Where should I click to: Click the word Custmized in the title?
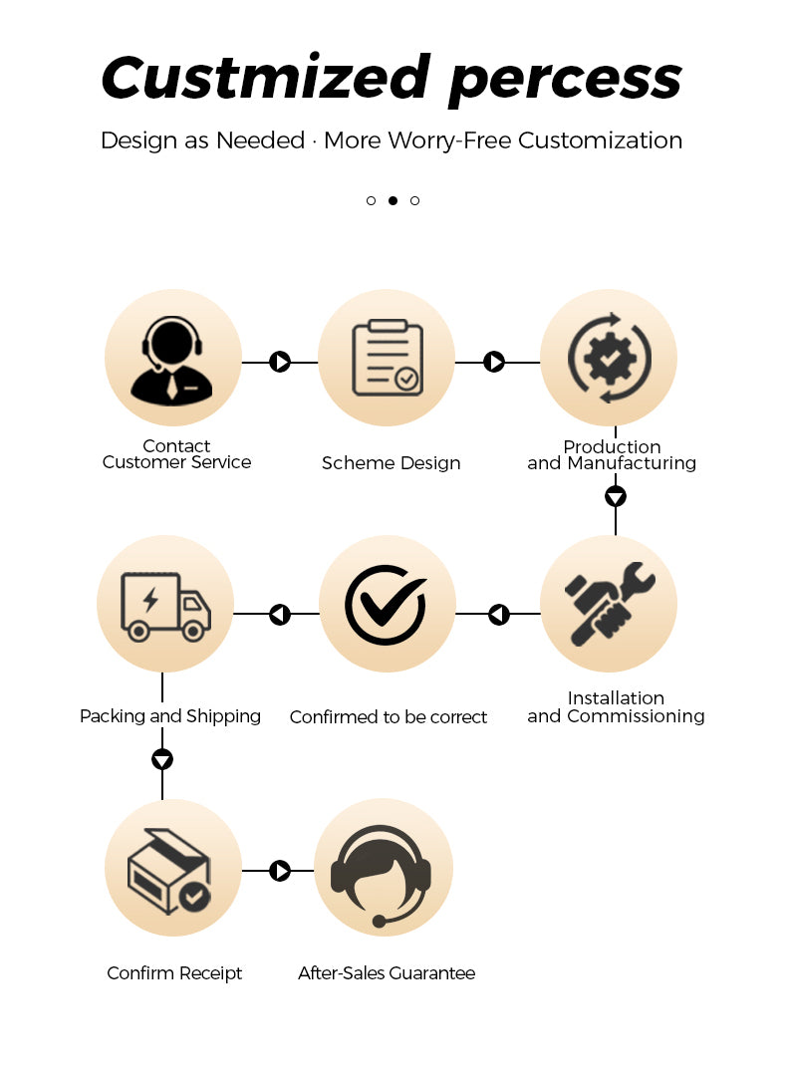tap(266, 77)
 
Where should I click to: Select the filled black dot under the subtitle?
tap(393, 200)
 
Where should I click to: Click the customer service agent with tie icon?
tap(172, 361)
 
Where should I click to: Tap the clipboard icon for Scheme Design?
tap(387, 358)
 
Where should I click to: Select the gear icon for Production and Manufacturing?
tap(609, 358)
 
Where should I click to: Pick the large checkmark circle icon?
tap(386, 605)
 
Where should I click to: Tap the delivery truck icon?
tap(165, 607)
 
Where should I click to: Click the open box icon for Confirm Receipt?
tap(169, 871)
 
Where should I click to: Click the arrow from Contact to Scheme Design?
tap(280, 362)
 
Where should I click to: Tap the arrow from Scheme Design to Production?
tap(494, 362)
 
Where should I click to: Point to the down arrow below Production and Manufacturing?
tap(616, 496)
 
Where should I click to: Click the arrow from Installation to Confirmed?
tap(499, 614)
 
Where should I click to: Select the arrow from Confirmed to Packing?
tap(280, 614)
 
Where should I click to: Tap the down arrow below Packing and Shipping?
tap(162, 760)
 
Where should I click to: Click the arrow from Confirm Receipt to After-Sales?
tap(280, 871)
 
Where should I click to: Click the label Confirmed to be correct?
tap(389, 717)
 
